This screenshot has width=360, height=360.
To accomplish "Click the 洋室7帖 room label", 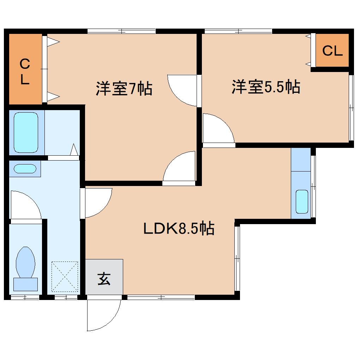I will [x=124, y=88].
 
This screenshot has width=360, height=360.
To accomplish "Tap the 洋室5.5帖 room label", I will [x=266, y=87].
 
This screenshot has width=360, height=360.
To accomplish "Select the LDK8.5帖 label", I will [x=179, y=229].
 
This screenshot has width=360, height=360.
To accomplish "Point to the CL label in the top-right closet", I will [x=332, y=51].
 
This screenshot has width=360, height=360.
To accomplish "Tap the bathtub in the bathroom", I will [x=26, y=132].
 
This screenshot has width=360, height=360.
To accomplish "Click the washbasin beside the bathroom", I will [x=25, y=169].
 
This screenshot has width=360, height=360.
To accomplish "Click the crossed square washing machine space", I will [x=65, y=277].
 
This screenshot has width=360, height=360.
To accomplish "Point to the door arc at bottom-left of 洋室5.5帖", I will [x=217, y=129].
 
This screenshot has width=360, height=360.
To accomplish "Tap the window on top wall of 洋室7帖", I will [x=121, y=31].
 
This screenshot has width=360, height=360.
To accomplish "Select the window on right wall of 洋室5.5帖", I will [x=351, y=108].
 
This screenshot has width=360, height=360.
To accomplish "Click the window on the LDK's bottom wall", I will [x=161, y=298].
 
